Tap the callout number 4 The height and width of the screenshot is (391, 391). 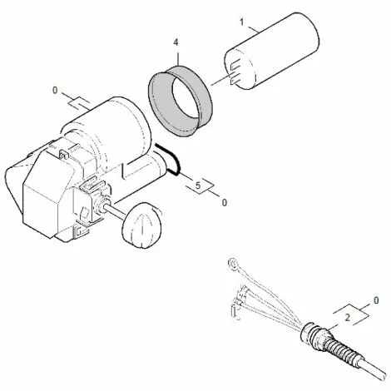(x=176, y=42)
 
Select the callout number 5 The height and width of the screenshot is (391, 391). (x=197, y=186)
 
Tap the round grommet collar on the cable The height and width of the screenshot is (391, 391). (x=311, y=333)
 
